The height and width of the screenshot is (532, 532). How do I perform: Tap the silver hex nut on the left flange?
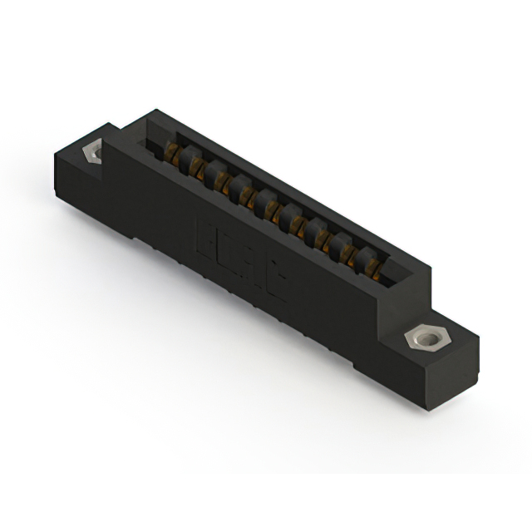point(95,153)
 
